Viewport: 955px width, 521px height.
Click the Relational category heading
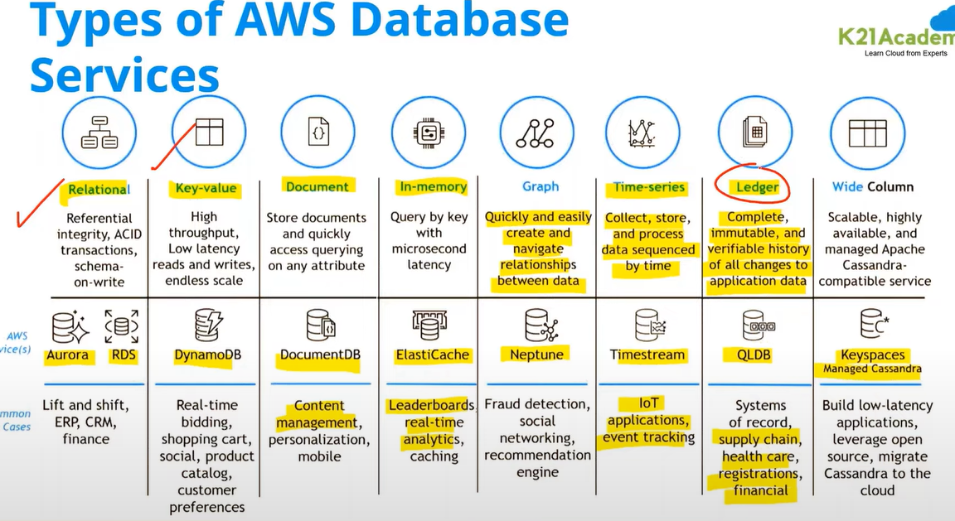point(98,189)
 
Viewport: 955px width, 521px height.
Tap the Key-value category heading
point(206,188)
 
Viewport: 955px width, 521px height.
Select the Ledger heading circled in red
point(757,187)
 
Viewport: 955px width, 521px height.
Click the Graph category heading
point(541,187)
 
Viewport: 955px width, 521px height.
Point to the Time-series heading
point(649,187)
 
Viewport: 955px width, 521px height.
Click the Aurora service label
point(67,355)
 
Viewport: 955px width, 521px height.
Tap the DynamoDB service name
point(207,355)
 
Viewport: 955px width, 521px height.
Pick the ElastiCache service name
point(433,355)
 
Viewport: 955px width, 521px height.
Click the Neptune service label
point(536,355)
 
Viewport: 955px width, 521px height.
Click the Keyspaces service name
point(872,355)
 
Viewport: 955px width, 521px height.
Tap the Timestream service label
point(647,355)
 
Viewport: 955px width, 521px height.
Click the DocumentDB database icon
point(319,326)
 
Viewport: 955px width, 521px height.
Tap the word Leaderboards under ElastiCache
point(430,406)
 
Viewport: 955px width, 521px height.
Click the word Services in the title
point(124,75)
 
